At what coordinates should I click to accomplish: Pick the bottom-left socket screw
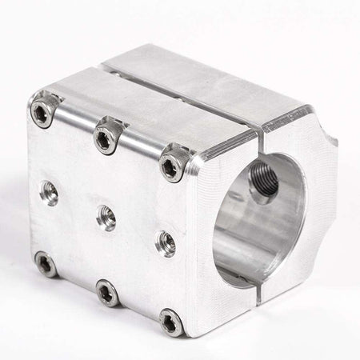[x=46, y=264]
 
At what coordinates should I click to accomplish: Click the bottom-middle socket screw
[x=107, y=293]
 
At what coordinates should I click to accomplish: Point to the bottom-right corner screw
[x=171, y=322]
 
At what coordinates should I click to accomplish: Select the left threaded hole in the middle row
[x=49, y=192]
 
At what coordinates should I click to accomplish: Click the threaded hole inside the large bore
[x=264, y=182]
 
